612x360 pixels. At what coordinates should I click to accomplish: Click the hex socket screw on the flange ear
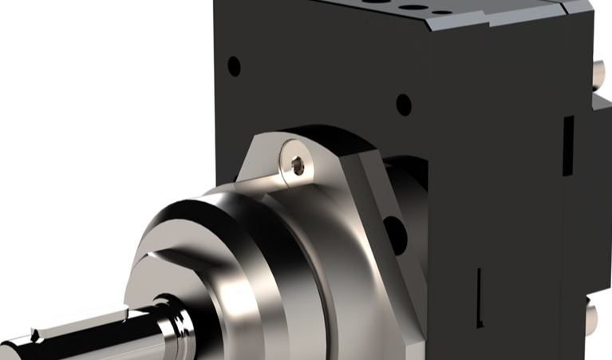298,166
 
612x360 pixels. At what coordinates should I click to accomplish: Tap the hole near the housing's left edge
234,65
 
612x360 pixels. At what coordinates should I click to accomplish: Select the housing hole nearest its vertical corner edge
404,105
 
